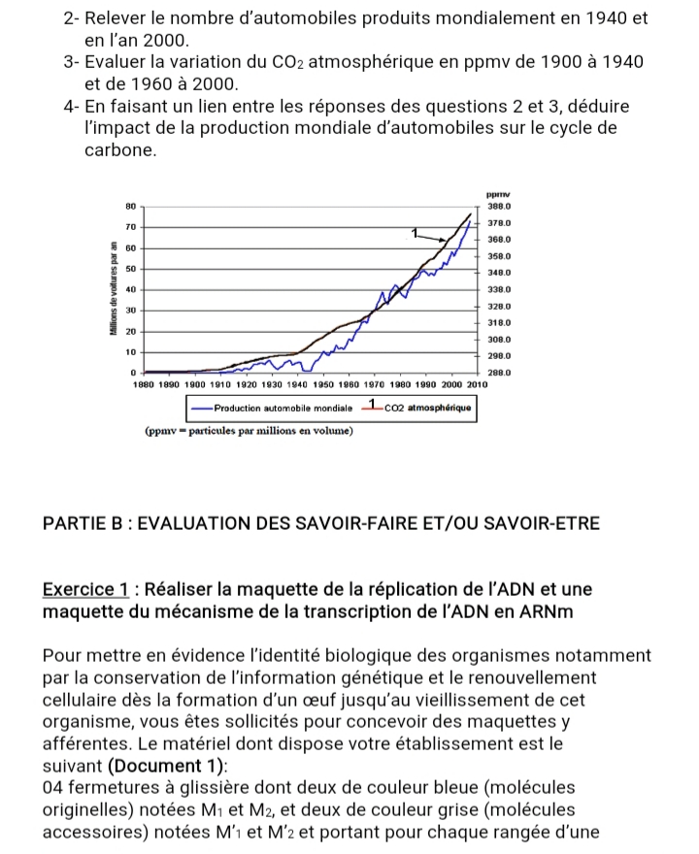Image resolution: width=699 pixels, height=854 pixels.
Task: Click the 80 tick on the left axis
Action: (x=130, y=206)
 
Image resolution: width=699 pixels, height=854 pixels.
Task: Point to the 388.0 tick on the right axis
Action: (x=499, y=206)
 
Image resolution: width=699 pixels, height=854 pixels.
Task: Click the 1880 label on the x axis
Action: (x=145, y=385)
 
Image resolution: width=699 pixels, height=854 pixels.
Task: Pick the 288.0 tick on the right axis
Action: (x=499, y=373)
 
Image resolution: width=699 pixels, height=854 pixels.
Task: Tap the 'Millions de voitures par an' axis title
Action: (x=114, y=288)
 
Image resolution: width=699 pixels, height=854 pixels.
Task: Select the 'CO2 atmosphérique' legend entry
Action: (x=427, y=408)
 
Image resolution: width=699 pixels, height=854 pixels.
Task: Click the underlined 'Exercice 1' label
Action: (x=86, y=589)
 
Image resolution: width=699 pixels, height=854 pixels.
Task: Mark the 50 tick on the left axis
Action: (x=130, y=268)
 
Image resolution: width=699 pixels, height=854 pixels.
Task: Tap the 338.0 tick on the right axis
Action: (x=499, y=289)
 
